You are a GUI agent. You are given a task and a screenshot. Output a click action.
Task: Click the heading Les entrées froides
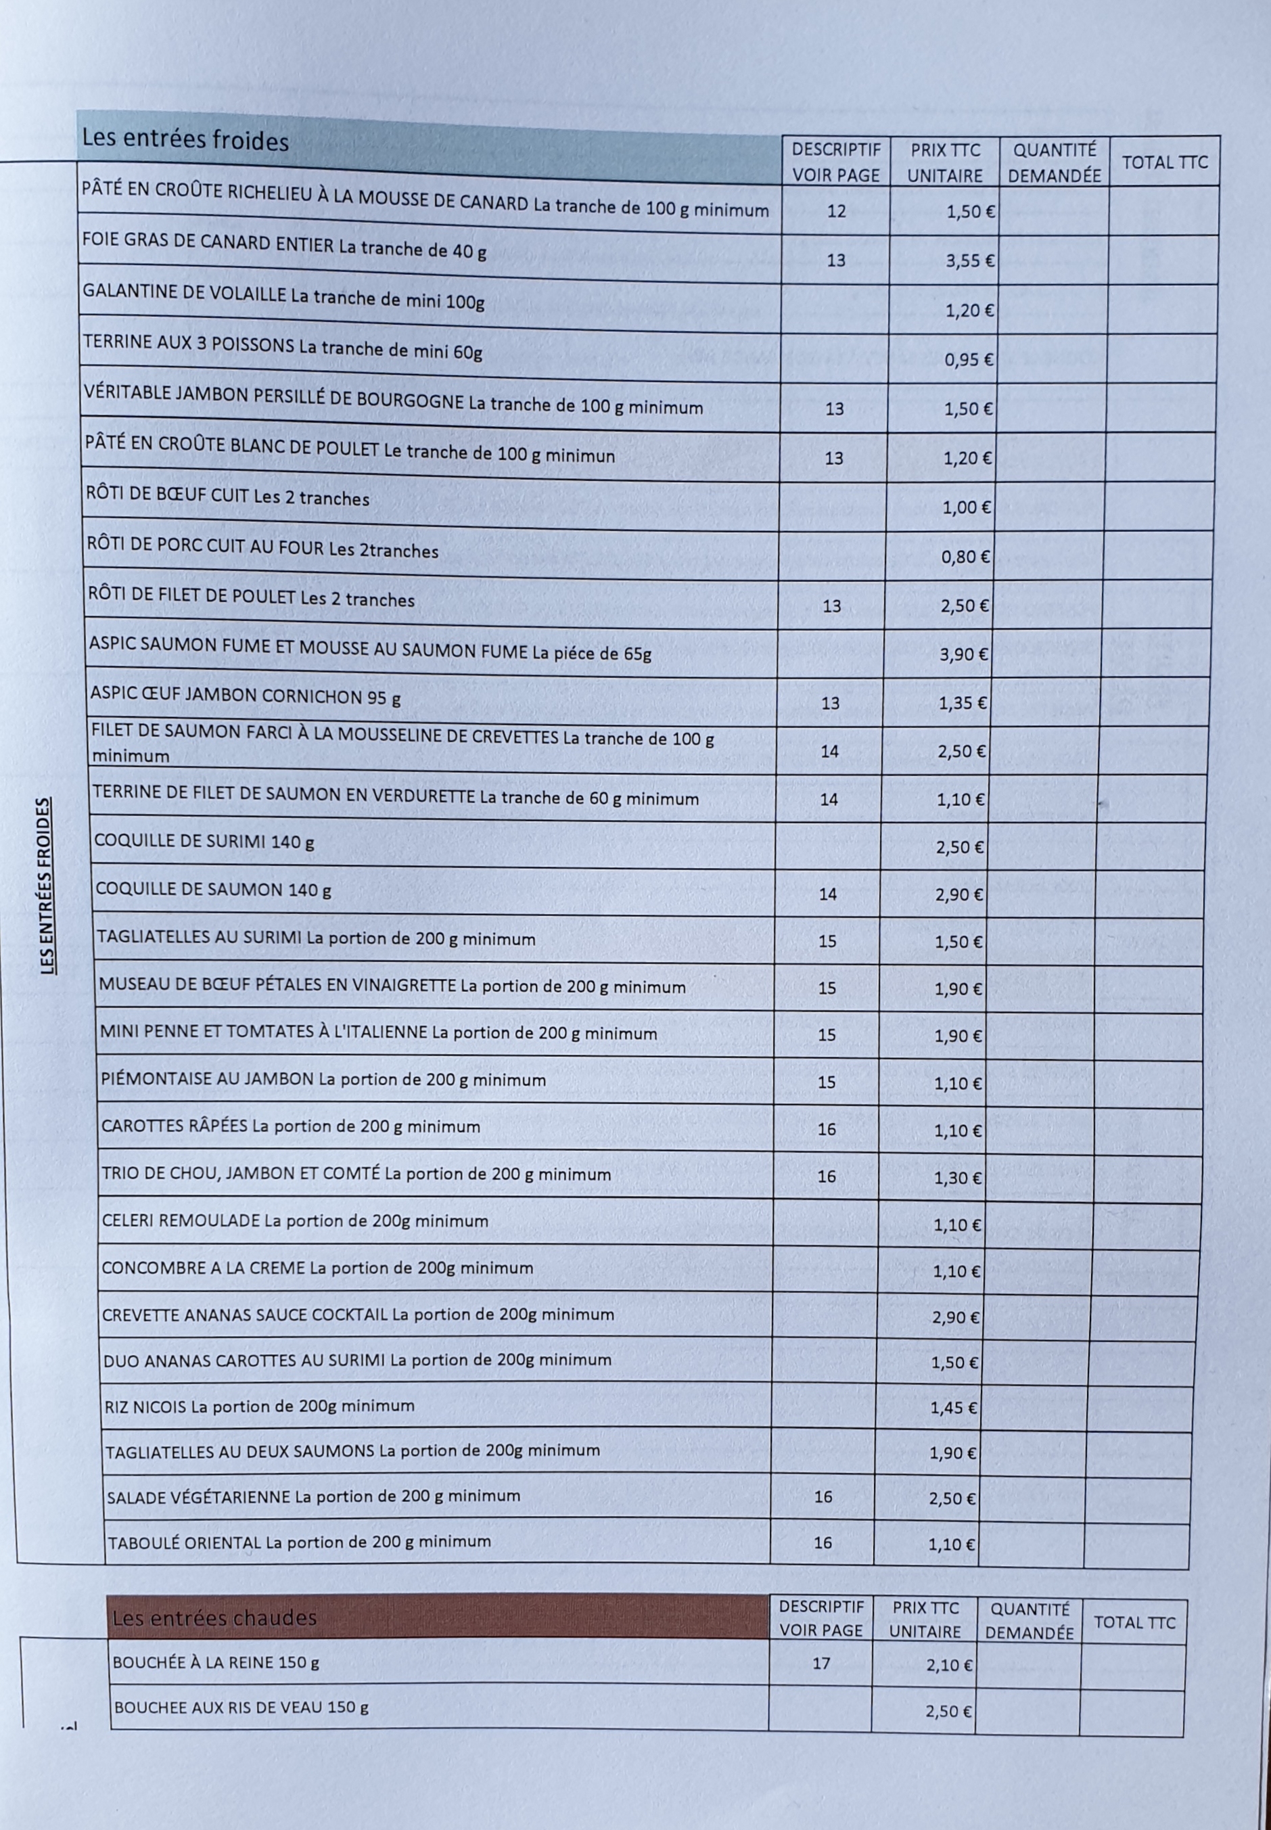(x=185, y=140)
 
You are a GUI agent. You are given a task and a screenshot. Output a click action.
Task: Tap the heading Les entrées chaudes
(x=214, y=1618)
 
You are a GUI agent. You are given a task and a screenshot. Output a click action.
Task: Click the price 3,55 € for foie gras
(x=970, y=260)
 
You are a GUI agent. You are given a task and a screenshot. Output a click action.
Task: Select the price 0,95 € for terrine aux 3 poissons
(x=969, y=359)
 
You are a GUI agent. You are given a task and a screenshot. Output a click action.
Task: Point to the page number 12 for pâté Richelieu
(x=836, y=211)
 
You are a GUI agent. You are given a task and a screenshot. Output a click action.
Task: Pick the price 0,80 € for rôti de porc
(x=965, y=557)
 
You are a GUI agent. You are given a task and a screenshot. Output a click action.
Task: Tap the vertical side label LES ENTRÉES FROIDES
(x=48, y=886)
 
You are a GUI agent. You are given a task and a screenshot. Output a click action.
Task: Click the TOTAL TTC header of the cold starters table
(x=1164, y=162)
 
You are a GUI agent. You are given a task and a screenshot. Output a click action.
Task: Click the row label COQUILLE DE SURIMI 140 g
(x=205, y=841)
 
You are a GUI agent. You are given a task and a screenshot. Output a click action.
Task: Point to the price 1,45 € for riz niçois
(x=953, y=1408)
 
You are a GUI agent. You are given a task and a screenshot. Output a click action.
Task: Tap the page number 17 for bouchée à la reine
(x=821, y=1664)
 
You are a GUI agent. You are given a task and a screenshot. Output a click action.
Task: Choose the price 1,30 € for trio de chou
(x=958, y=1177)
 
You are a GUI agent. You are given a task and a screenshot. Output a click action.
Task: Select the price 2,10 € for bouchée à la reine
(x=949, y=1665)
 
